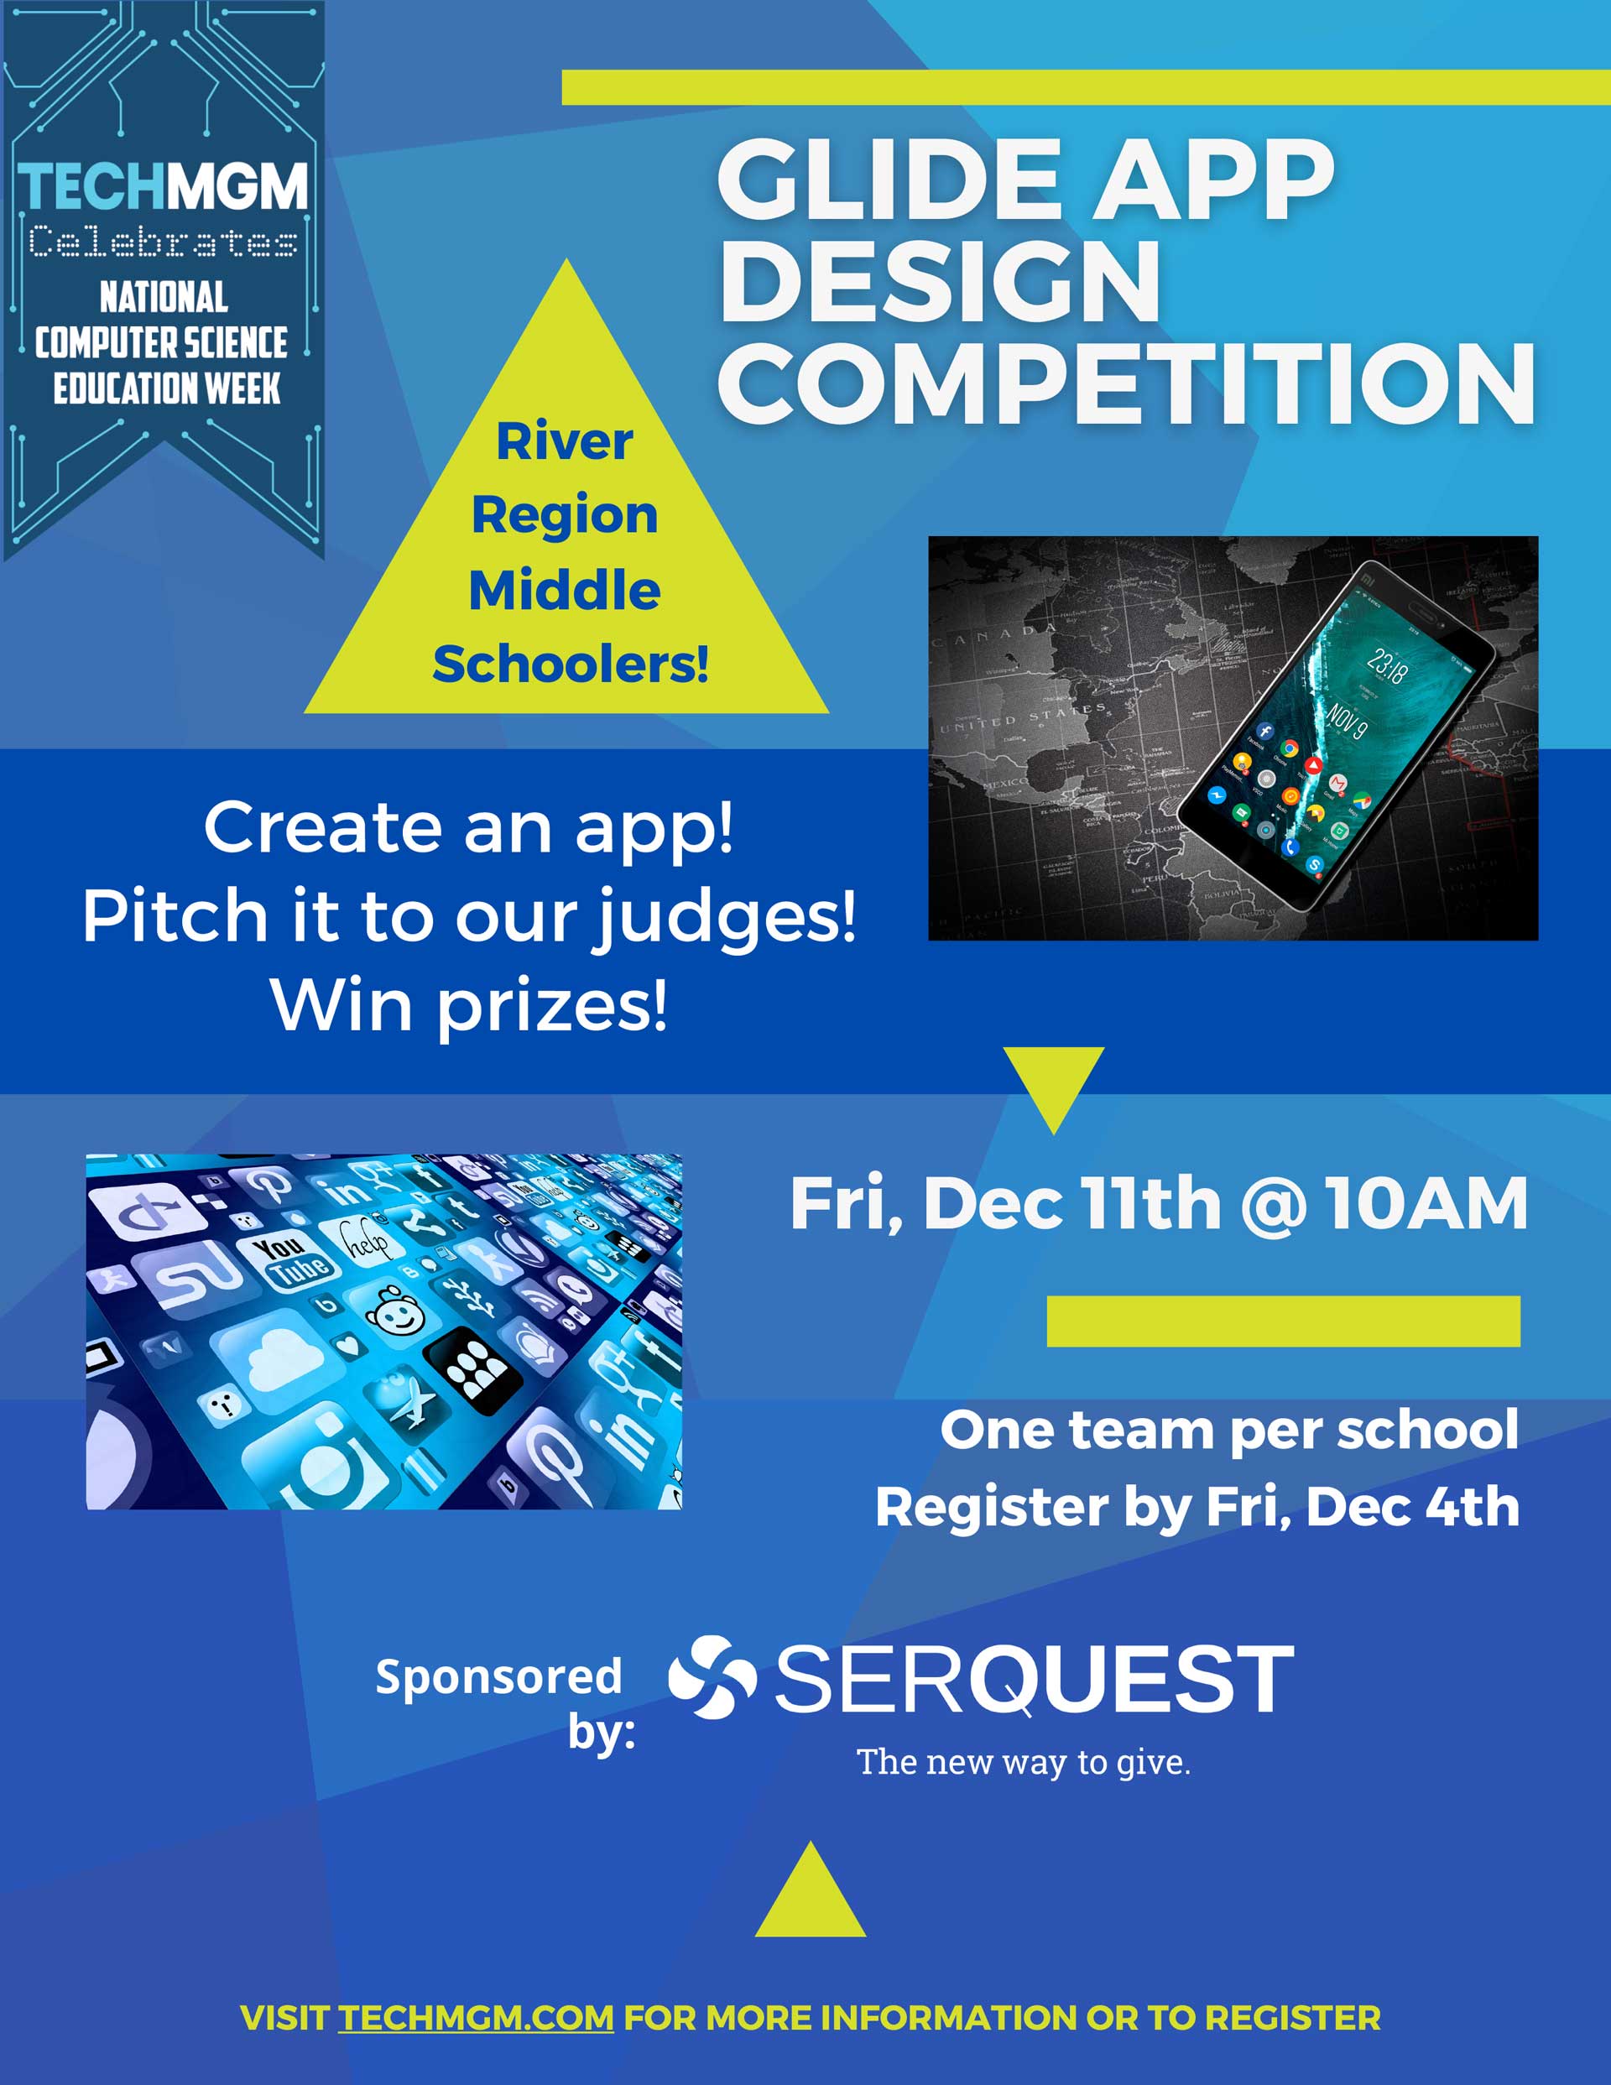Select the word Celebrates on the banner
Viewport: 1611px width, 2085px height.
click(162, 242)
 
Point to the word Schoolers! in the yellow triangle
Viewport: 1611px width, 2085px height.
click(570, 665)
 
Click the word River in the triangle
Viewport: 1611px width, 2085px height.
click(565, 441)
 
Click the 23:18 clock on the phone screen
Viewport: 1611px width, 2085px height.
click(1387, 665)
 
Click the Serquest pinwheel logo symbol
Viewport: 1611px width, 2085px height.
click(712, 1677)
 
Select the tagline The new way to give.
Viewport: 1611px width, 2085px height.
click(1024, 1762)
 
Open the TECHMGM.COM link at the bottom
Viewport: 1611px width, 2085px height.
click(476, 2017)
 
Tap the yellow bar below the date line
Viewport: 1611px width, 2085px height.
click(1284, 1321)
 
